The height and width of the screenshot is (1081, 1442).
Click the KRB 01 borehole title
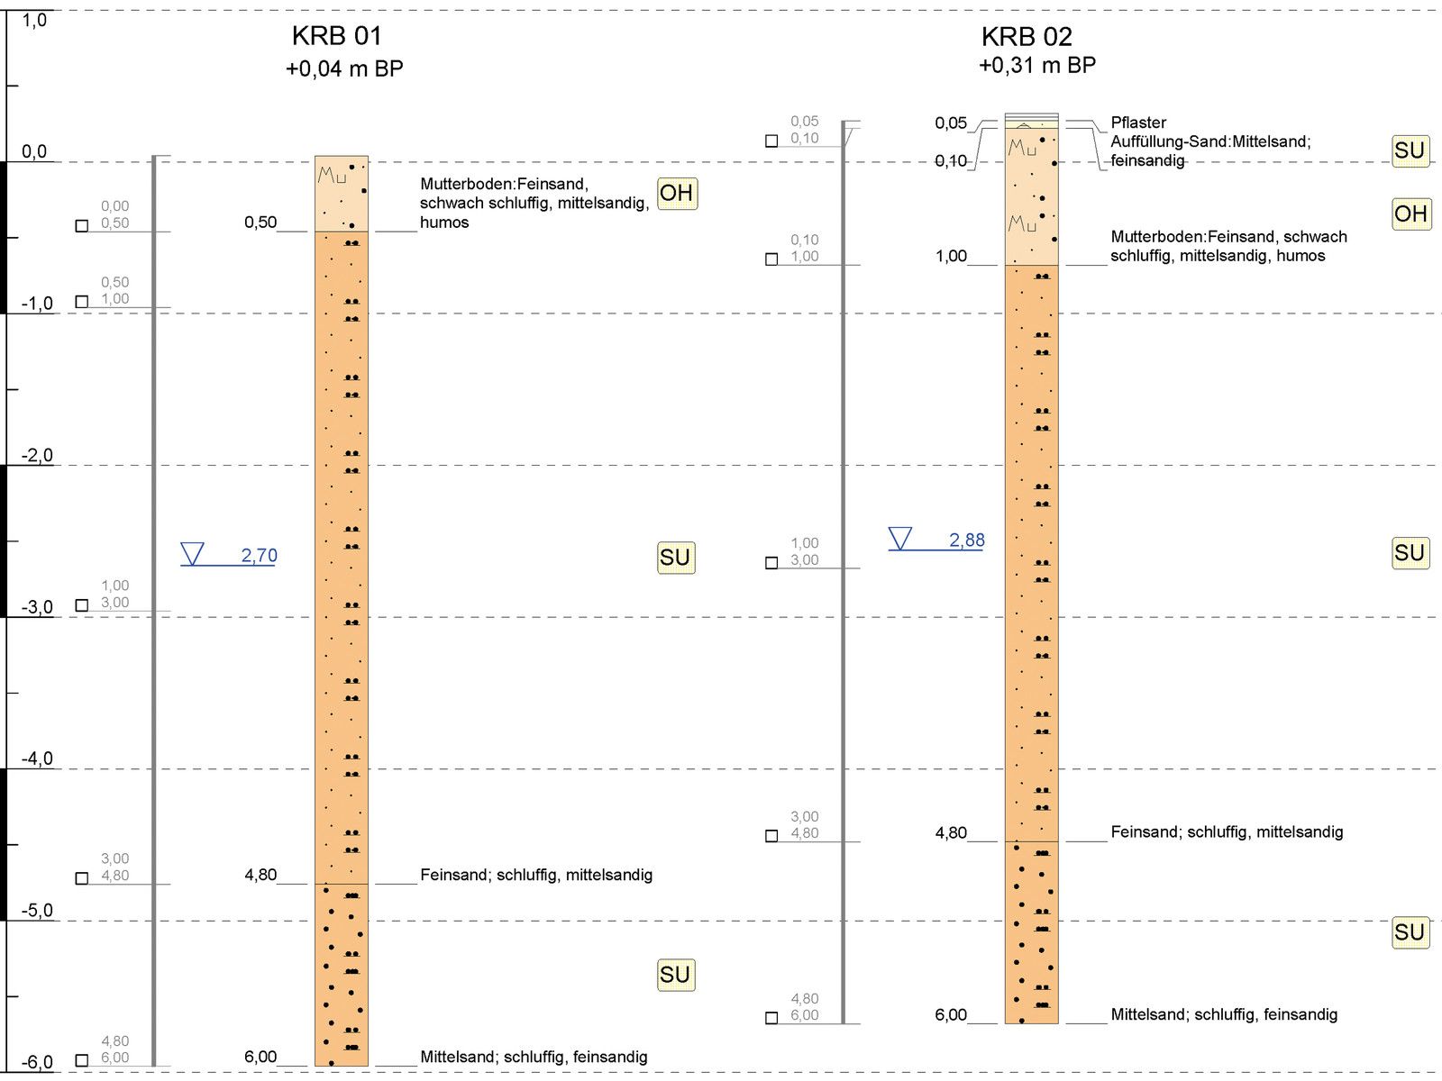tap(337, 36)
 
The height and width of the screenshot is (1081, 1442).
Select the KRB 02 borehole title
tap(1027, 37)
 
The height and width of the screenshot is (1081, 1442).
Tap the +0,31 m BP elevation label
tap(1037, 66)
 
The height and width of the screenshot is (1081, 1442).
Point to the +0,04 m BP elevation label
tap(344, 68)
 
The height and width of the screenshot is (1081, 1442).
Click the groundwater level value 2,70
tap(259, 556)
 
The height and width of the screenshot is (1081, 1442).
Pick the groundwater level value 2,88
tap(966, 540)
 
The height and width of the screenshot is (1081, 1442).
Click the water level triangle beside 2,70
tap(192, 553)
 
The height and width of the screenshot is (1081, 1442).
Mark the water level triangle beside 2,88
tap(899, 538)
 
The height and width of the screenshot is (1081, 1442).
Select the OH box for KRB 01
tap(676, 193)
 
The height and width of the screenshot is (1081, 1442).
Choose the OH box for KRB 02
tap(1410, 213)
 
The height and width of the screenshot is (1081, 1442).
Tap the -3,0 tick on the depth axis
tap(13, 616)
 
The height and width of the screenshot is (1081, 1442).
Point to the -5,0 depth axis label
tap(37, 910)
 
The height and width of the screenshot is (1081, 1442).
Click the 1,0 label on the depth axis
tap(34, 20)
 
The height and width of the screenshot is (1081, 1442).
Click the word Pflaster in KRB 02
tap(1138, 123)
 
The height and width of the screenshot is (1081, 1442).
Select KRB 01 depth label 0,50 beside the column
tap(260, 223)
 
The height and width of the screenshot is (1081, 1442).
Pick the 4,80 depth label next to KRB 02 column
tap(951, 832)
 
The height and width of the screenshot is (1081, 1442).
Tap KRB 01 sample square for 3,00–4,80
tap(82, 878)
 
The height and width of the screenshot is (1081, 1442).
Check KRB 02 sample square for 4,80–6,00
tap(771, 1018)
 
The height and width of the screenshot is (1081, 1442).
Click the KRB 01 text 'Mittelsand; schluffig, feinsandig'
tap(534, 1057)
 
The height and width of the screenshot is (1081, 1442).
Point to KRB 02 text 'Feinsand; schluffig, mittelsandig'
tap(1227, 832)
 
